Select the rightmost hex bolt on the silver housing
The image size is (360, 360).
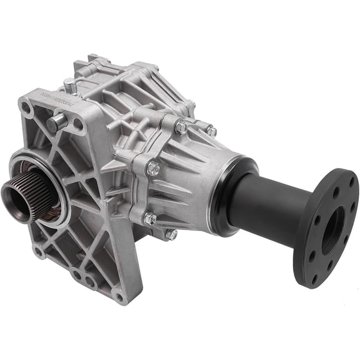pos(211,131)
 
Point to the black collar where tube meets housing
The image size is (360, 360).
pos(232,187)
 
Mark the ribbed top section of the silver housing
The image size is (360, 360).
pos(144,81)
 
